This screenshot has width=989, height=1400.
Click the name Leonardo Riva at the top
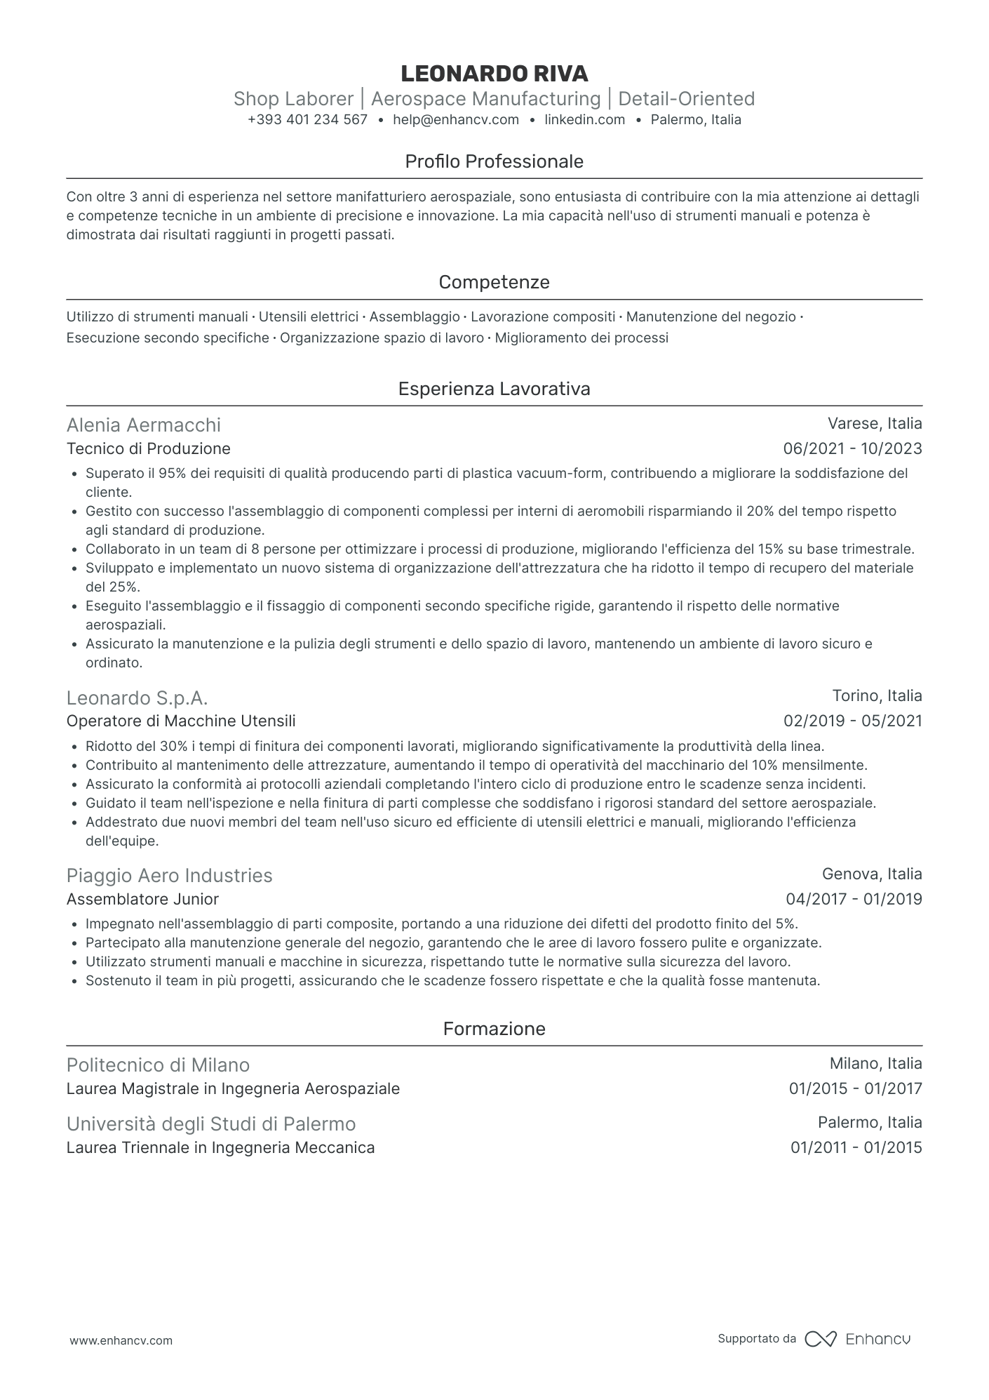[494, 74]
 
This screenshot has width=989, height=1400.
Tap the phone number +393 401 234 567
[307, 120]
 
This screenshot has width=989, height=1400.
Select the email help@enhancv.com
[456, 120]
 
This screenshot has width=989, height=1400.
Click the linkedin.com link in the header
[584, 120]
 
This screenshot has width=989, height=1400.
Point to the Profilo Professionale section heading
[494, 162]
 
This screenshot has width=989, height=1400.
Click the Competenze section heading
[494, 283]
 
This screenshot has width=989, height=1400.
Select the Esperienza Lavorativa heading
[494, 389]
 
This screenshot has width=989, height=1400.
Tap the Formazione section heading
[494, 1029]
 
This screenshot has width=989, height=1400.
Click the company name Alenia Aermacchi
[143, 425]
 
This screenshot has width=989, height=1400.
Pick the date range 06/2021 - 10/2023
[852, 449]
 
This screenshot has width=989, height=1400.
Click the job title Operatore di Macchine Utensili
[181, 721]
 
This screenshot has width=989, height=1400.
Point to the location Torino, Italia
[877, 696]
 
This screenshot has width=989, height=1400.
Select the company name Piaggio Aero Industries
[169, 876]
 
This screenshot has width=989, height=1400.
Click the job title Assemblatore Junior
[142, 900]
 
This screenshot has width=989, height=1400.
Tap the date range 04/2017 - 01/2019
[854, 900]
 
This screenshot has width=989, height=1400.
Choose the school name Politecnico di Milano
[158, 1065]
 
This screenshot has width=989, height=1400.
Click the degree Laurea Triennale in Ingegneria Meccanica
[220, 1148]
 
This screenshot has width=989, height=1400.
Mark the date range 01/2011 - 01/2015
[856, 1148]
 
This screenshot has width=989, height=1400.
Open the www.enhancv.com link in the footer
[121, 1340]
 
